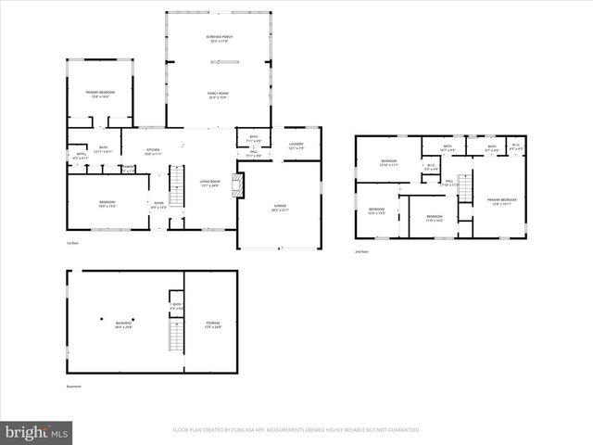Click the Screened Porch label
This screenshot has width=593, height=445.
[220, 39]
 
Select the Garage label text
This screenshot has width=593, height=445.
[280, 209]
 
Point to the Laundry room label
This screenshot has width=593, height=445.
[296, 146]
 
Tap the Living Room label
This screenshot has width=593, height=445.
[210, 183]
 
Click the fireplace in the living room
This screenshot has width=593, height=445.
[240, 185]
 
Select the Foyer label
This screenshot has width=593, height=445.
[158, 205]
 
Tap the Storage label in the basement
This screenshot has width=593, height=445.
[212, 324]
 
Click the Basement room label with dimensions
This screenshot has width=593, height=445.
[123, 324]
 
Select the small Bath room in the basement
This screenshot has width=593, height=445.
[176, 305]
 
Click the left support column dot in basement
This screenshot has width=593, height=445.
[102, 320]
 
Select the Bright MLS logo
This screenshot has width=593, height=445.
[37, 432]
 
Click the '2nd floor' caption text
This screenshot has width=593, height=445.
[361, 251]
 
